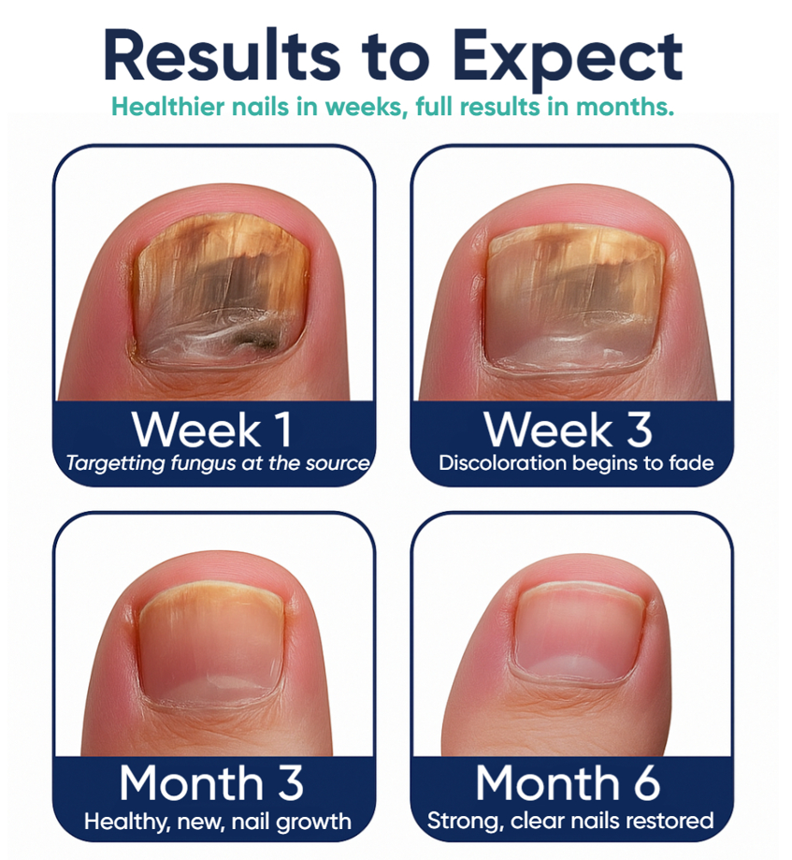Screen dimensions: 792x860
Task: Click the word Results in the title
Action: [x=222, y=56]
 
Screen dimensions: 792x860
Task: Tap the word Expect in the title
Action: [x=568, y=60]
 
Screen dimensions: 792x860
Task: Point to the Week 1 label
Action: [x=212, y=430]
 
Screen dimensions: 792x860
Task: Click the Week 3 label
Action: [x=568, y=430]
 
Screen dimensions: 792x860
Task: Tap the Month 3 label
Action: [x=211, y=782]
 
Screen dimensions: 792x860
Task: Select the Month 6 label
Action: [x=568, y=782]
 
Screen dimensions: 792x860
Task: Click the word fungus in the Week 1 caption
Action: [x=203, y=464]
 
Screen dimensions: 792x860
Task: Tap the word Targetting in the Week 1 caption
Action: [x=115, y=464]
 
